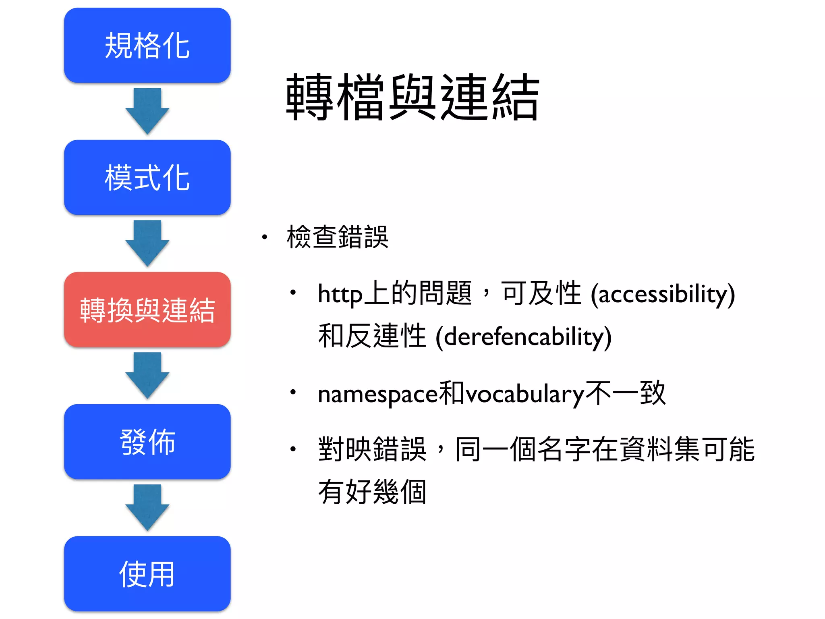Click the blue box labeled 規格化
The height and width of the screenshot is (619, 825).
click(147, 45)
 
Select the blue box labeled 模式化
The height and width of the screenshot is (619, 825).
click(147, 177)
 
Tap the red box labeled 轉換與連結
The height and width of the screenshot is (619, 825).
click(147, 309)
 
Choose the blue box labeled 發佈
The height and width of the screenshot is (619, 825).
click(147, 442)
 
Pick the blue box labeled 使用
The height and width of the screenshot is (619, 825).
click(147, 574)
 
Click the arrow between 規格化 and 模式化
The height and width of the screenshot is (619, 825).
click(147, 110)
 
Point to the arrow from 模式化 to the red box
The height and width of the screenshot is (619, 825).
click(147, 243)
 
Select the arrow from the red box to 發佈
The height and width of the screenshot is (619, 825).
click(147, 375)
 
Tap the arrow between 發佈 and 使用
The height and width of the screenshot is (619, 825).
click(147, 507)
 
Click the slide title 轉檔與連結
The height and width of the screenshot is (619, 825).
click(412, 97)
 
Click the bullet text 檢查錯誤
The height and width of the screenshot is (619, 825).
click(338, 237)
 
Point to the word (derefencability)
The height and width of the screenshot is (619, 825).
click(523, 337)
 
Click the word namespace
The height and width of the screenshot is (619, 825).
click(378, 394)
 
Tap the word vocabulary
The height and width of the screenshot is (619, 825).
click(525, 394)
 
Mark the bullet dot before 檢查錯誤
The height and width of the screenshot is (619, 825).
click(264, 237)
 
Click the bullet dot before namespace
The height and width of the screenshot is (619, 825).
click(293, 391)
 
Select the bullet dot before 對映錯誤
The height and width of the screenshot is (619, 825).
click(293, 449)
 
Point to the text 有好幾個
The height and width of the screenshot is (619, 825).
click(372, 492)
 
